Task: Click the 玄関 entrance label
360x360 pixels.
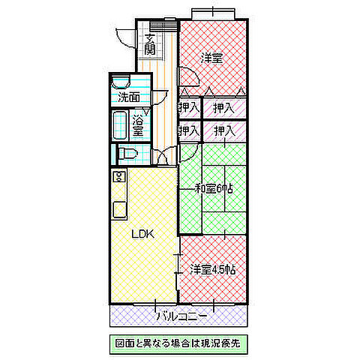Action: (x=151, y=44)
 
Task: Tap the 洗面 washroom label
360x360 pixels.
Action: (x=128, y=97)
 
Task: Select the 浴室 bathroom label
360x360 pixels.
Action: (x=139, y=125)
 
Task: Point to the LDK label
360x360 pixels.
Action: (x=142, y=234)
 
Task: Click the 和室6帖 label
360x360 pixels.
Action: (x=214, y=188)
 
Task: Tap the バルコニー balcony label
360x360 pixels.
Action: (x=180, y=316)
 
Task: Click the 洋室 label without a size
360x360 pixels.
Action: (x=211, y=58)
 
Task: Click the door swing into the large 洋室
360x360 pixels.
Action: (x=187, y=77)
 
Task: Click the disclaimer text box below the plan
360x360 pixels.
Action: (x=179, y=343)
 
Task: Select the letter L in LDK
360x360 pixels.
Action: (x=136, y=234)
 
